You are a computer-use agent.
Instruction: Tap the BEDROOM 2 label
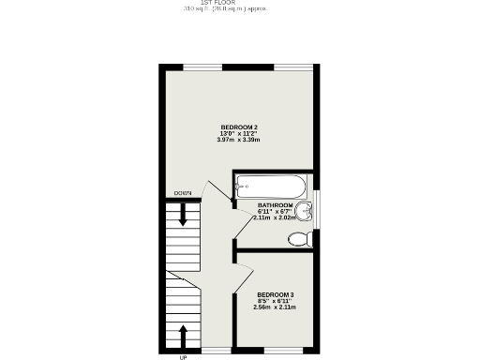point(239,127)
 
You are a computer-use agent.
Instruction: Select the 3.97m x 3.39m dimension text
point(239,140)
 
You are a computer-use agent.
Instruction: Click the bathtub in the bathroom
point(271,185)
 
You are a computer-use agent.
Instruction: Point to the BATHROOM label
point(276,205)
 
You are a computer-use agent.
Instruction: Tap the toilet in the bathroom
point(300,239)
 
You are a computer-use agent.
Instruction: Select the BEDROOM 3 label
point(276,293)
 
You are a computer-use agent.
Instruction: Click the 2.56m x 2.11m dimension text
point(276,307)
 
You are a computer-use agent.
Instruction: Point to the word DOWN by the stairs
point(183,193)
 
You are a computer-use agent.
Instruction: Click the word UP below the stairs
point(183,356)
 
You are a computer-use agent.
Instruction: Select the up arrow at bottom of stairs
point(183,335)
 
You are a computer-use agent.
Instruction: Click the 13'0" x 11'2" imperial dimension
point(239,133)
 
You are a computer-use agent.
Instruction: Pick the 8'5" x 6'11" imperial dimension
point(276,300)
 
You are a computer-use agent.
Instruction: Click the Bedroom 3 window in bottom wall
point(282,351)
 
